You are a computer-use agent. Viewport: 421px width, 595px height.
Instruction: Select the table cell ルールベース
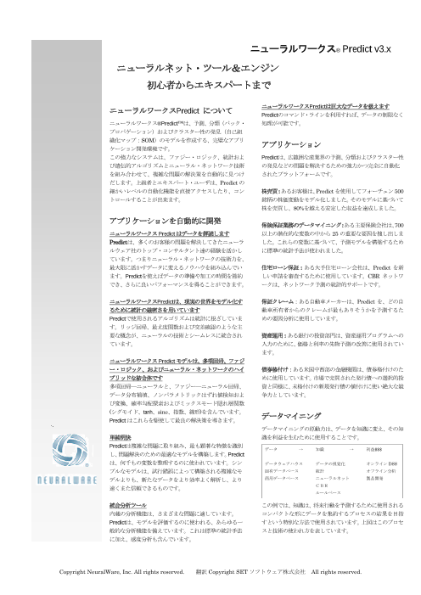coord(316,490)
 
